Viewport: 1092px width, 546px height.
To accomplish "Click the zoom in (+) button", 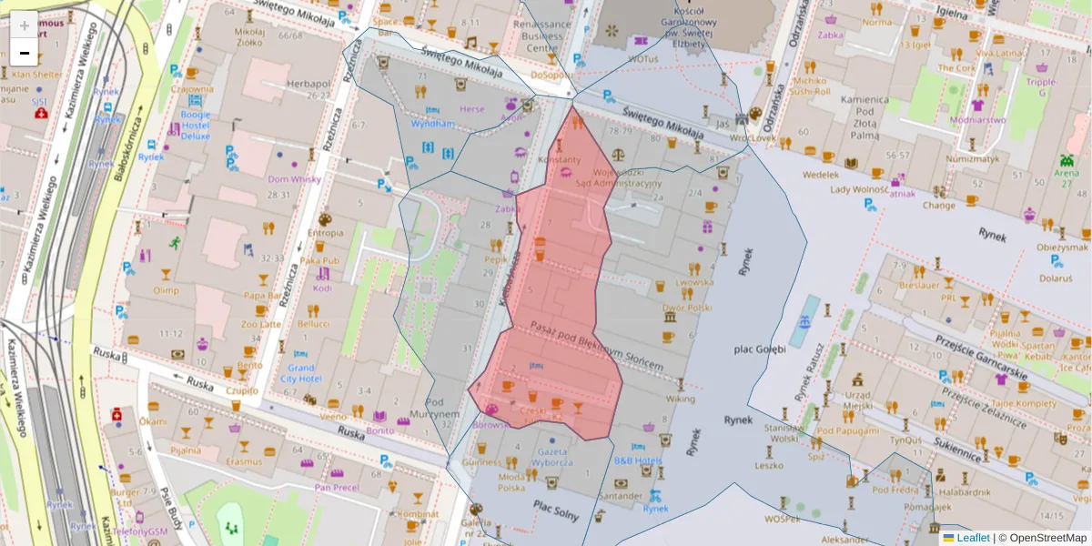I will [24, 25].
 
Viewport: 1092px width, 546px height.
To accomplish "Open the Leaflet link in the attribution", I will [972, 538].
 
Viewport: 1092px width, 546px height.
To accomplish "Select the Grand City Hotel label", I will [300, 372].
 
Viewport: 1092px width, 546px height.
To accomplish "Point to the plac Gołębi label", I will [760, 349].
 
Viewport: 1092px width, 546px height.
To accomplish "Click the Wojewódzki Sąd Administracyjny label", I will [626, 177].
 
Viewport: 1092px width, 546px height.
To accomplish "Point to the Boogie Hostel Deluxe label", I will [195, 126].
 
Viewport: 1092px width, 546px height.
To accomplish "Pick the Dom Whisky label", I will [294, 179].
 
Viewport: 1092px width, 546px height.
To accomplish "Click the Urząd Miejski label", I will [859, 399].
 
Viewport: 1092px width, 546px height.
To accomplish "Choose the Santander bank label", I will [621, 496].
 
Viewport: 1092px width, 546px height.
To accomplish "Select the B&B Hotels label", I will [637, 460].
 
